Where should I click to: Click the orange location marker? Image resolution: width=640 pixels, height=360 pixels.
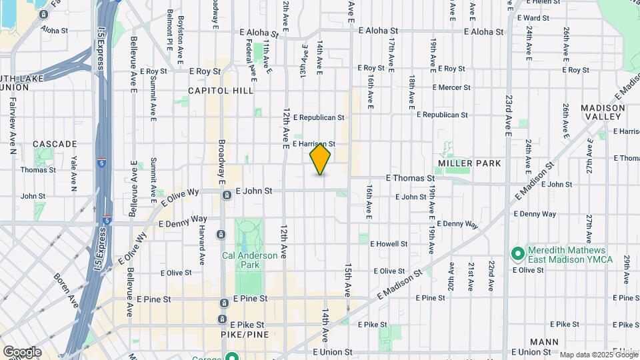point(320,159)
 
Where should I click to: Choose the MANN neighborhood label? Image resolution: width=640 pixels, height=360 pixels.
point(545,342)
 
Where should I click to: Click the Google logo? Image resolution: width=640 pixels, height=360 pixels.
point(22,352)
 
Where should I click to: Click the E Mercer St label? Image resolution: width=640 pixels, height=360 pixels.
point(451,87)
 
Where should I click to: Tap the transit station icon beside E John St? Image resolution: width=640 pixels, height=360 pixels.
point(227,195)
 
